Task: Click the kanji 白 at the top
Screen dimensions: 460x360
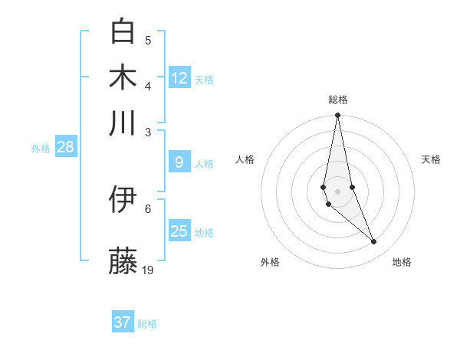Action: [x=123, y=31]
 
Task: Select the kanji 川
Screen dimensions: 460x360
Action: [x=123, y=123]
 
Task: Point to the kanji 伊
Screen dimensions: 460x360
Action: [x=123, y=200]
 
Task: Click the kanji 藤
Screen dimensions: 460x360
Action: [x=123, y=260]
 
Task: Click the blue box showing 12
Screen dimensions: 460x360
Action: [x=179, y=78]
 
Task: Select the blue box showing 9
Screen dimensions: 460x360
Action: [x=179, y=162]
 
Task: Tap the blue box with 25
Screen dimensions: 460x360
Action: [x=179, y=231]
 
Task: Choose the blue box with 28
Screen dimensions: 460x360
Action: [x=65, y=147]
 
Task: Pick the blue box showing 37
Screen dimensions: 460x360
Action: [x=123, y=322]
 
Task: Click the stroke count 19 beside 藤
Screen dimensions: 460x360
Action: [x=149, y=270]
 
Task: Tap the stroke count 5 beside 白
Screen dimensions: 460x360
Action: [x=149, y=40]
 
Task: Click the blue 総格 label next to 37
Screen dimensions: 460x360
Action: [x=147, y=324]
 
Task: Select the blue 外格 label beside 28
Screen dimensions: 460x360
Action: [x=40, y=149]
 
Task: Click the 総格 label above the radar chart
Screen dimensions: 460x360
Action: [x=337, y=100]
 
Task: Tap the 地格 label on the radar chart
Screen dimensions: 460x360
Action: [x=402, y=262]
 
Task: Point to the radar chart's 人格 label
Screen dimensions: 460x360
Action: [x=245, y=159]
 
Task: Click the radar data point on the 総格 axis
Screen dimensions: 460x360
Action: [x=337, y=116]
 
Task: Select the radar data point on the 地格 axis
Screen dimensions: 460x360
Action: [x=374, y=242]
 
